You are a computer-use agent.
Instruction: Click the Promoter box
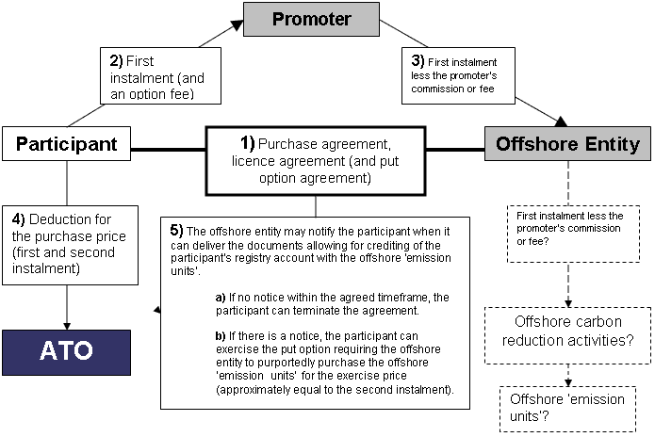[x=311, y=19]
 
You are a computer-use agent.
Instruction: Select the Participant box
[x=66, y=143]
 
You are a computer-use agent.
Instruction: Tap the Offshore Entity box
[x=567, y=143]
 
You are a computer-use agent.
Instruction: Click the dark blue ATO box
[x=66, y=352]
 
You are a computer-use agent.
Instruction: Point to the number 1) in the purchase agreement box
[x=247, y=143]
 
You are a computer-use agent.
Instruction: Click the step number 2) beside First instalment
[x=116, y=61]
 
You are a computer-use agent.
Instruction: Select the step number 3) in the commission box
[x=418, y=61]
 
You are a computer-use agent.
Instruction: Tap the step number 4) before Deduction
[x=19, y=219]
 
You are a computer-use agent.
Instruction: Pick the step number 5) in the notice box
[x=176, y=231]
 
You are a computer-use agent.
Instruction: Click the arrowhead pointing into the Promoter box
[x=237, y=25]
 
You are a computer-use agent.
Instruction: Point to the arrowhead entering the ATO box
[x=67, y=327]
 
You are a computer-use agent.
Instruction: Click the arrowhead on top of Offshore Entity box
[x=561, y=121]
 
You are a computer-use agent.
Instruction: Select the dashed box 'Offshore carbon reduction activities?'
[x=567, y=335]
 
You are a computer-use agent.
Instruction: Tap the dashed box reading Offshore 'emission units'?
[x=567, y=409]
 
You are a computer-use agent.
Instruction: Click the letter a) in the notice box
[x=221, y=298]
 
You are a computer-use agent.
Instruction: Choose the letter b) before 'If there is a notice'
[x=221, y=336]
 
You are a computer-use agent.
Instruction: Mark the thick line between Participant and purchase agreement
[x=169, y=149]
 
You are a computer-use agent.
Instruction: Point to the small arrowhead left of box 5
[x=157, y=310]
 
